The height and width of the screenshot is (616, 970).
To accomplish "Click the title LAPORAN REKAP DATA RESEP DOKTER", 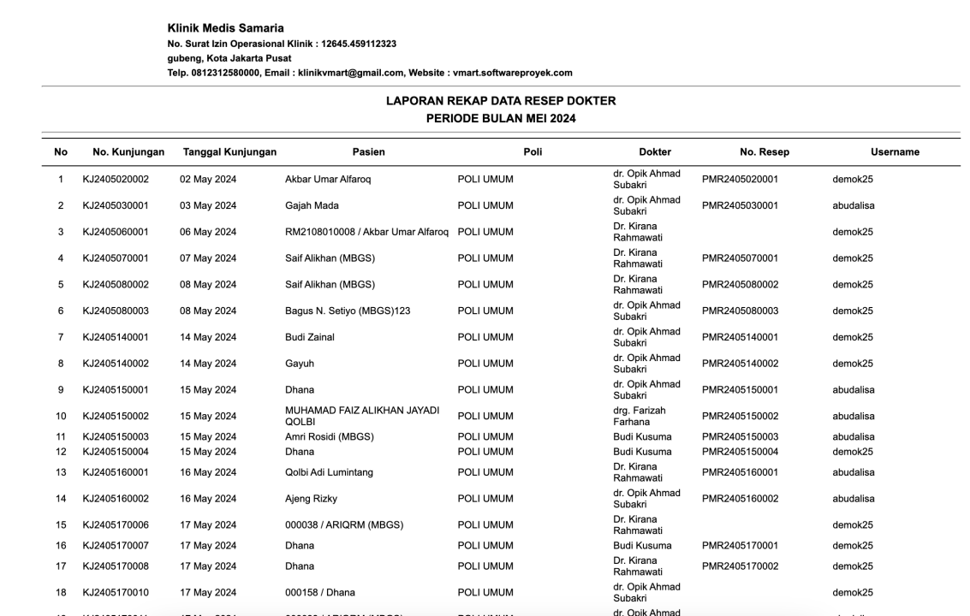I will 501,101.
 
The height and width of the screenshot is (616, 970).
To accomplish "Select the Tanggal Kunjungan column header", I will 229,152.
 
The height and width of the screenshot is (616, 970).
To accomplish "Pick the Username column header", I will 895,152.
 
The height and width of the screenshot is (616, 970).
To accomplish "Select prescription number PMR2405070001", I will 740,258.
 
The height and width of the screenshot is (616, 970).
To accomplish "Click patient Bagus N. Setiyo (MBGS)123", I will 348,311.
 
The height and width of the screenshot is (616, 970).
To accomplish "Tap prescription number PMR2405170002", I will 740,566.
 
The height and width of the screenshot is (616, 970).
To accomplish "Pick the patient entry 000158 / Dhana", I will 320,592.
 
